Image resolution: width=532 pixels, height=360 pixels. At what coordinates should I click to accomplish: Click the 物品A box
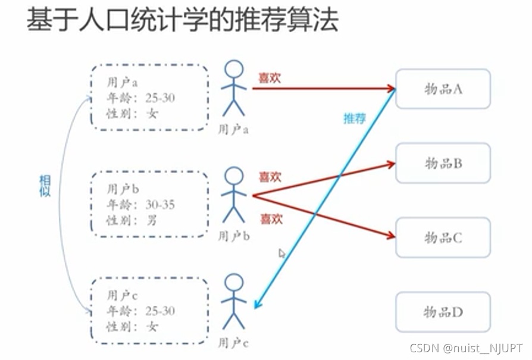click(x=443, y=89)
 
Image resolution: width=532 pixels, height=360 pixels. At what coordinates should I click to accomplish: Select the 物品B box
click(x=443, y=163)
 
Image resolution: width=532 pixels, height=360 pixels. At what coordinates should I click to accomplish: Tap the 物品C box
click(x=443, y=237)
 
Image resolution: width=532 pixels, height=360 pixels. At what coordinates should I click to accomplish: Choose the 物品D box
click(x=443, y=312)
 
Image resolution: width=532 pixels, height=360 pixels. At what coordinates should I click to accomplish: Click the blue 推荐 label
click(x=354, y=118)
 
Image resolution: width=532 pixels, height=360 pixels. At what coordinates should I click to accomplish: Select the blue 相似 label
click(x=45, y=186)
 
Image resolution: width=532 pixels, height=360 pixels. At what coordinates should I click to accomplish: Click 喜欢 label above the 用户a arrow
click(x=270, y=78)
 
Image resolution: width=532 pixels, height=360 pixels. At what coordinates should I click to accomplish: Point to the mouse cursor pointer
click(x=282, y=253)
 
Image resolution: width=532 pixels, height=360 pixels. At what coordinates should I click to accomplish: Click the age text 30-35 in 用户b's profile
click(x=160, y=205)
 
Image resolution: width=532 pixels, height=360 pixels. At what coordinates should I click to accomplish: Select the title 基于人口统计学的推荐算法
click(x=183, y=21)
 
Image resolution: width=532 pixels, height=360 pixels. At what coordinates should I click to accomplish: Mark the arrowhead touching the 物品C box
click(x=391, y=236)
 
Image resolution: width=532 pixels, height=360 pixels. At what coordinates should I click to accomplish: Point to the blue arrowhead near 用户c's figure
click(x=257, y=305)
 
